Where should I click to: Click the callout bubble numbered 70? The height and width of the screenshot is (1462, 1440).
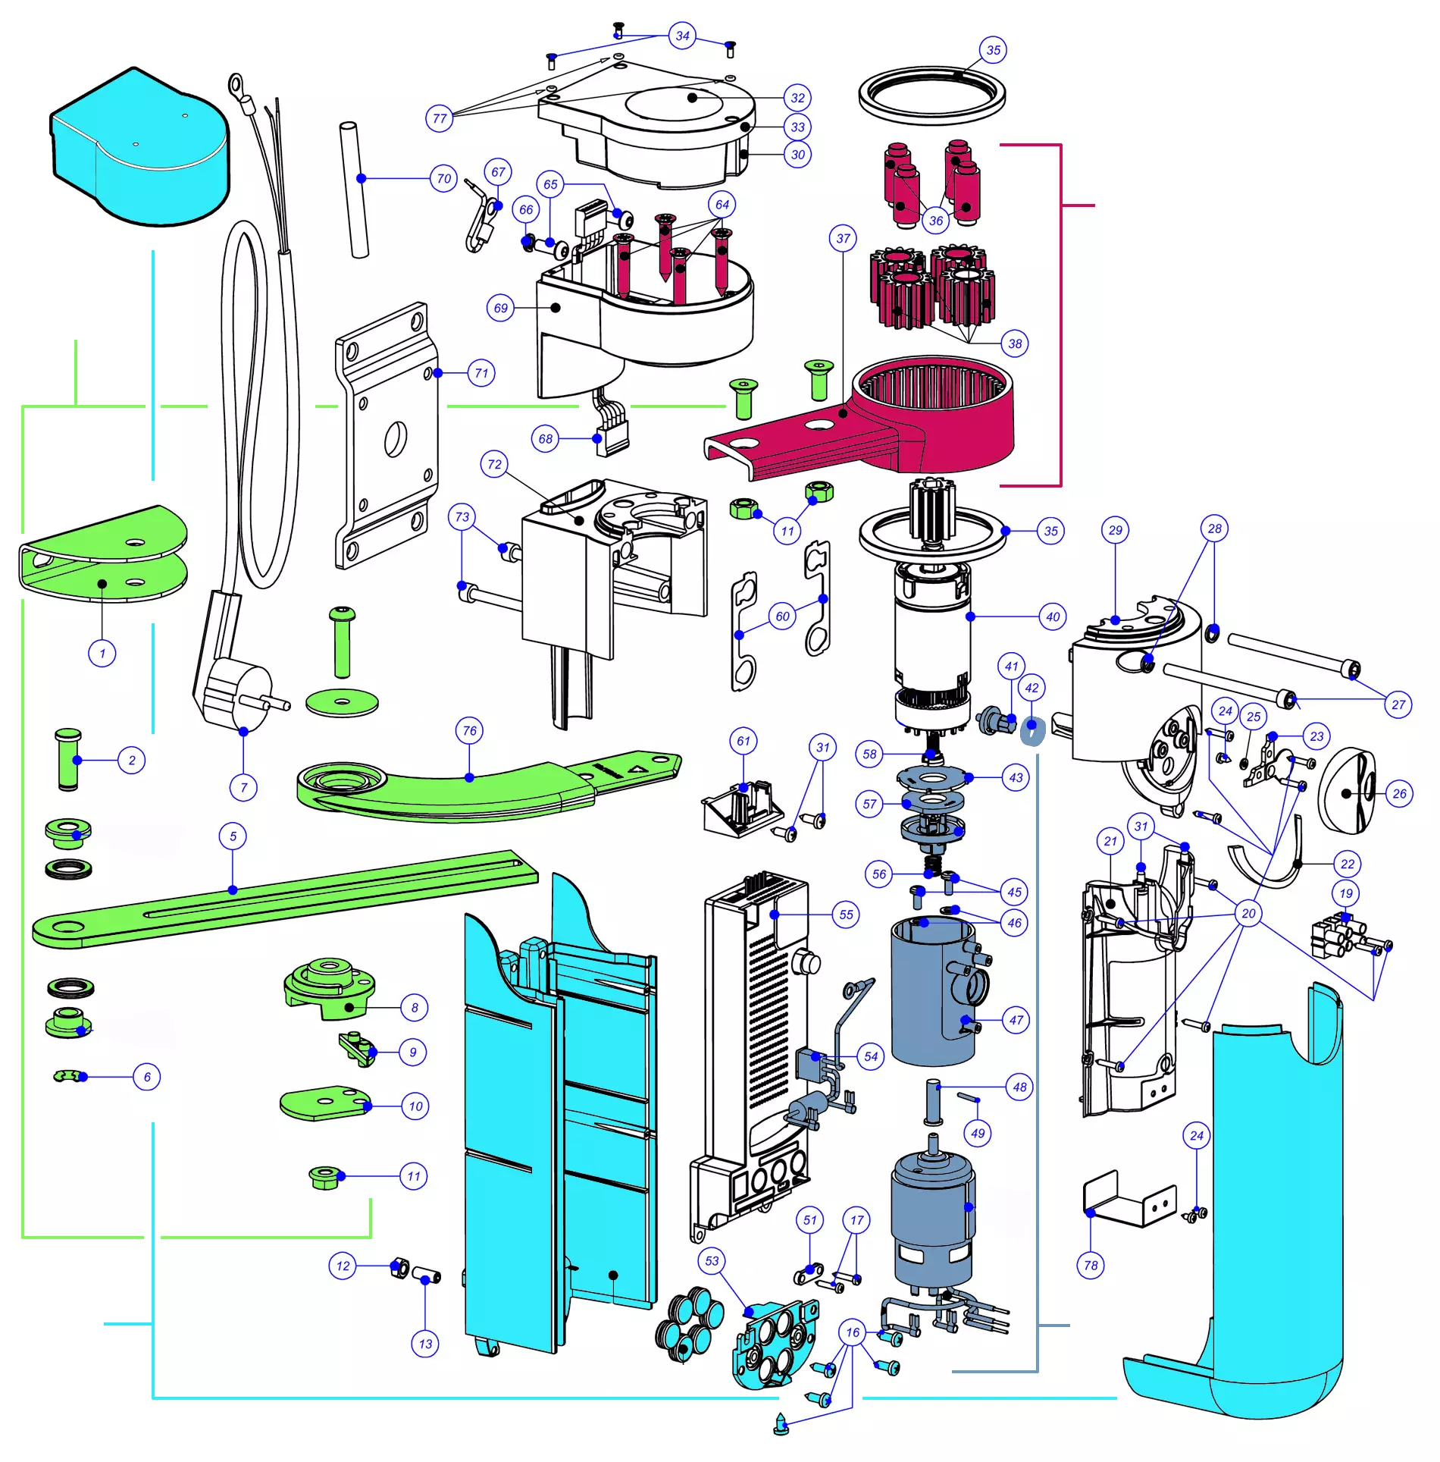click(444, 179)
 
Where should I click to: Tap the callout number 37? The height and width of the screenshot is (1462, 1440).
click(844, 239)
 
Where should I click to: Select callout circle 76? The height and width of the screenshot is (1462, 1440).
click(470, 731)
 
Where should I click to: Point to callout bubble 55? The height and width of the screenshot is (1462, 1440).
click(846, 915)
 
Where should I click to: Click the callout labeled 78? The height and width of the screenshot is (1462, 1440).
click(1091, 1265)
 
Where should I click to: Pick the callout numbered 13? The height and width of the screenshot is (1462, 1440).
click(425, 1344)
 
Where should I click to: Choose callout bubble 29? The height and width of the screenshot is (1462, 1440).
click(1116, 530)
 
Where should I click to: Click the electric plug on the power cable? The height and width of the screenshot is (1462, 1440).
click(235, 694)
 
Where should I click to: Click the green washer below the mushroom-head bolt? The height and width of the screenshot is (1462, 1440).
click(342, 701)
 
